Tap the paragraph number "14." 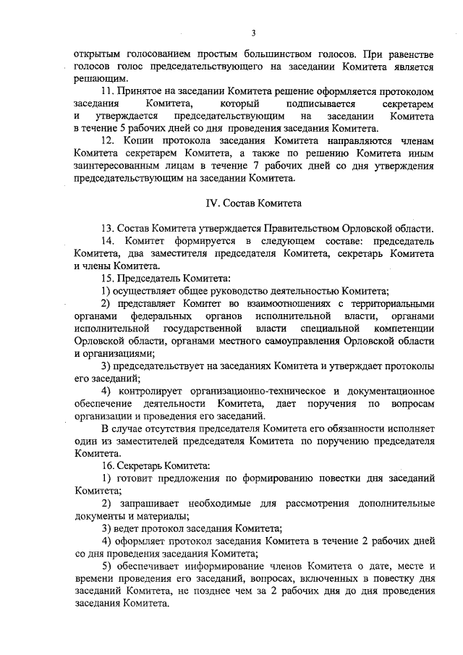(109, 241)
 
